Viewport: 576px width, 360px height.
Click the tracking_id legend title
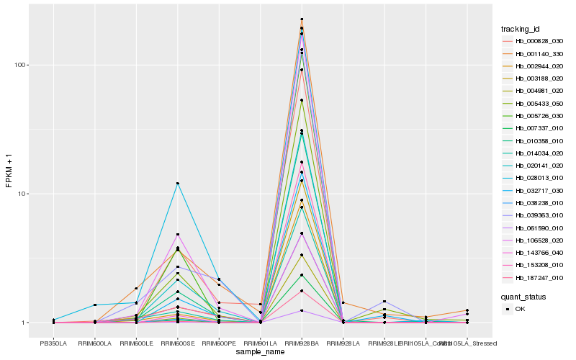(x=520, y=29)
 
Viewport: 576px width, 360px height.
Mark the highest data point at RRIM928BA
(x=302, y=19)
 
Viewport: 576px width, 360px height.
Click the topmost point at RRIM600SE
(x=177, y=184)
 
